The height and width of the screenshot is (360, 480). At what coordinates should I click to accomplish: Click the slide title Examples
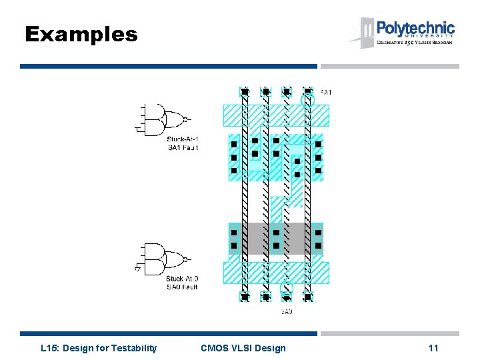[x=81, y=35]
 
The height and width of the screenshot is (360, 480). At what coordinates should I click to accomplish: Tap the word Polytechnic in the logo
[x=415, y=29]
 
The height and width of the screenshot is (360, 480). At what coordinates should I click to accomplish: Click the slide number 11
[x=433, y=348]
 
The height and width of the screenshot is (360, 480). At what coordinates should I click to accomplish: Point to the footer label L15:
[x=51, y=348]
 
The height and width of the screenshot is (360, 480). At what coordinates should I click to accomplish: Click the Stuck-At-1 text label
[x=183, y=139]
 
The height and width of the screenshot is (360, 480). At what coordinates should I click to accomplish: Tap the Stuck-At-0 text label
[x=182, y=279]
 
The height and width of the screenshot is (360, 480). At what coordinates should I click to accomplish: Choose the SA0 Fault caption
[x=182, y=287]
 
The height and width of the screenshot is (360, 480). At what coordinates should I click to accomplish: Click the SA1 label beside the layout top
[x=326, y=92]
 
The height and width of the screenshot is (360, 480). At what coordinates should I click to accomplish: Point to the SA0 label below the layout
[x=287, y=311]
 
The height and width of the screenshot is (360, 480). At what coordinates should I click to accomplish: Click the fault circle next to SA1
[x=307, y=101]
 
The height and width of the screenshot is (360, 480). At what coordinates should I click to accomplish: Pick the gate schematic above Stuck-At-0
[x=163, y=259]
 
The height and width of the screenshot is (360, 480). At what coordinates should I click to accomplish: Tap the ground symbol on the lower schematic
[x=138, y=269]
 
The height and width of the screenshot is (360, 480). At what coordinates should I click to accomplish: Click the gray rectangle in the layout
[x=275, y=239]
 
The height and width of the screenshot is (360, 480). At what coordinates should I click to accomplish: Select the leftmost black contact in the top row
[x=245, y=91]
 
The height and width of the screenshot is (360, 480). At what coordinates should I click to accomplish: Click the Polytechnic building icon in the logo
[x=366, y=32]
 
